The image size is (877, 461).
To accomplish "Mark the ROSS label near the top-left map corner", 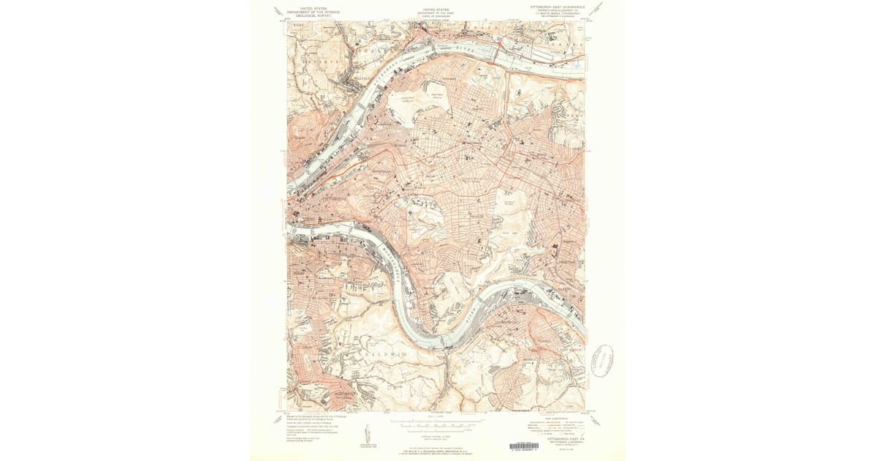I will (297, 25).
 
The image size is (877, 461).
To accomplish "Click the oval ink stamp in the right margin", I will (601, 360).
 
